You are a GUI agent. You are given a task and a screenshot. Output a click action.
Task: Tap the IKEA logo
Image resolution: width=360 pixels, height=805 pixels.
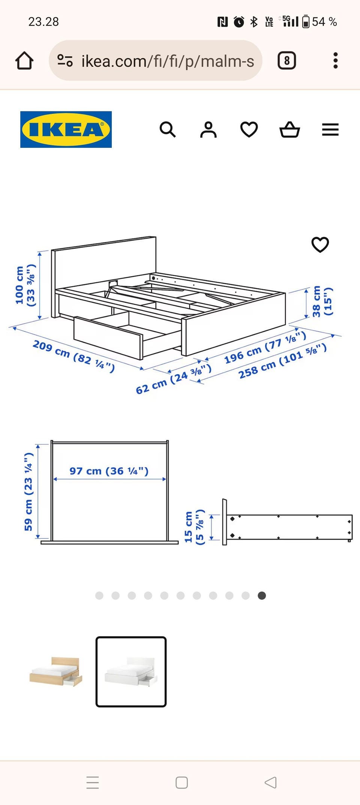click(66, 129)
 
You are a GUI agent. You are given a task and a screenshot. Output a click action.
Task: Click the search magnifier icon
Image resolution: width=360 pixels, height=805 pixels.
click(168, 130)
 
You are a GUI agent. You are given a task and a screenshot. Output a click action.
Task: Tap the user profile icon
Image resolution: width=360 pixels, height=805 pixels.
click(208, 130)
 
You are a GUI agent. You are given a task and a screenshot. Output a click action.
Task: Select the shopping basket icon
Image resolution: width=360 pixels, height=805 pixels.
click(290, 130)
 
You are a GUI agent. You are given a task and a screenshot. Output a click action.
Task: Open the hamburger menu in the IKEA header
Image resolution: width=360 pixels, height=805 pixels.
click(330, 130)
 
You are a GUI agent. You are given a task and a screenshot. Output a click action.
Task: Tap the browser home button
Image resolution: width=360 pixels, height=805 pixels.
click(24, 60)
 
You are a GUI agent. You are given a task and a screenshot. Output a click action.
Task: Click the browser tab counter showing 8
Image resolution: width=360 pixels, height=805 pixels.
click(287, 60)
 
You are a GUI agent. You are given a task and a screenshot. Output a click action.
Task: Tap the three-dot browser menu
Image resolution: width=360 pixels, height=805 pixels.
click(336, 60)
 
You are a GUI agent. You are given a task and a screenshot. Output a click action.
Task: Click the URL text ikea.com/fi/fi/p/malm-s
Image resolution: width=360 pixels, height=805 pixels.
click(168, 61)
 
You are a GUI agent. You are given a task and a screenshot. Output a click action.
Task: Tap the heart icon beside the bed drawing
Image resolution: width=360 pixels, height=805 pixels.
click(320, 245)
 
